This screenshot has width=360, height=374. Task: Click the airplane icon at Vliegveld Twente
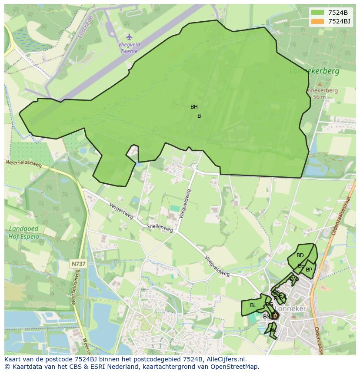[129, 36]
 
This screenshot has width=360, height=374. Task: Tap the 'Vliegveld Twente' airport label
[129, 48]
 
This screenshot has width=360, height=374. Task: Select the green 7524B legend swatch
[317, 13]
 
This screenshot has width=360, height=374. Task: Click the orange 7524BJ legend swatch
[317, 21]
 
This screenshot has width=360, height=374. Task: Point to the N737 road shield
[79, 264]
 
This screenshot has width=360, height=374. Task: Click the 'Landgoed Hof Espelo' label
[24, 233]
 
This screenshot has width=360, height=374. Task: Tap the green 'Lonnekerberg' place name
[314, 71]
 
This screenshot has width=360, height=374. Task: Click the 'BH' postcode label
[194, 107]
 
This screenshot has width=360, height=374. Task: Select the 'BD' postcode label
[300, 255]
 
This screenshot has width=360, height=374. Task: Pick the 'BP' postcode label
[309, 270]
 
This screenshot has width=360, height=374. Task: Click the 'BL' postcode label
[253, 305]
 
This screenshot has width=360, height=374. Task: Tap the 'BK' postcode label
[273, 331]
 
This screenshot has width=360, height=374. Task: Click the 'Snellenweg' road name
[160, 227]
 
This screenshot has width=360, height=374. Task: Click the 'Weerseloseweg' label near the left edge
[23, 164]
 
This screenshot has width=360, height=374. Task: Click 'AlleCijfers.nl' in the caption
[226, 359]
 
